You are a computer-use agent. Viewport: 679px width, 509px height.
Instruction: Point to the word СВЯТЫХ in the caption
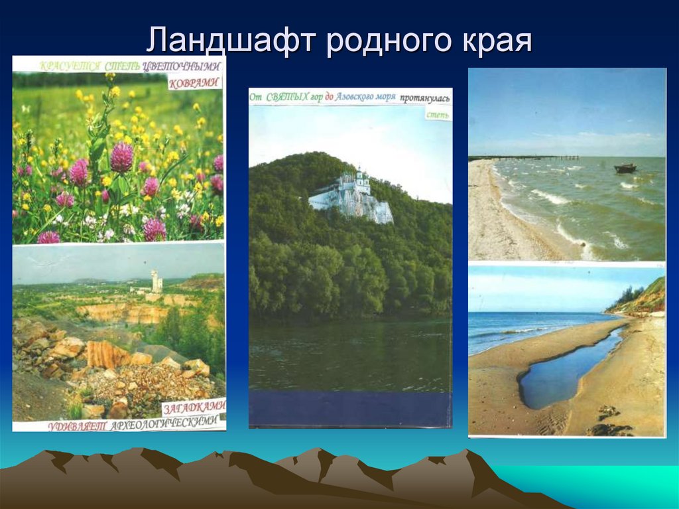(287, 98)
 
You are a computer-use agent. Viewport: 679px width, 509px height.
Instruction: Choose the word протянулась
(424, 98)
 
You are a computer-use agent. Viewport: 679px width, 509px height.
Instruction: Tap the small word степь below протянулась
(438, 114)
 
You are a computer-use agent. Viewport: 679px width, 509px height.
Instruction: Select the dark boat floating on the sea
(625, 169)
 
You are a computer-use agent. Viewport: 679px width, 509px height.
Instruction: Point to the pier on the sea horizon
(530, 157)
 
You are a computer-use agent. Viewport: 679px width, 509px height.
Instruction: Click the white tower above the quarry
(156, 281)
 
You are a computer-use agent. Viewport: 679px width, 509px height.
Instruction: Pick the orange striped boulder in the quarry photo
(107, 354)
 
